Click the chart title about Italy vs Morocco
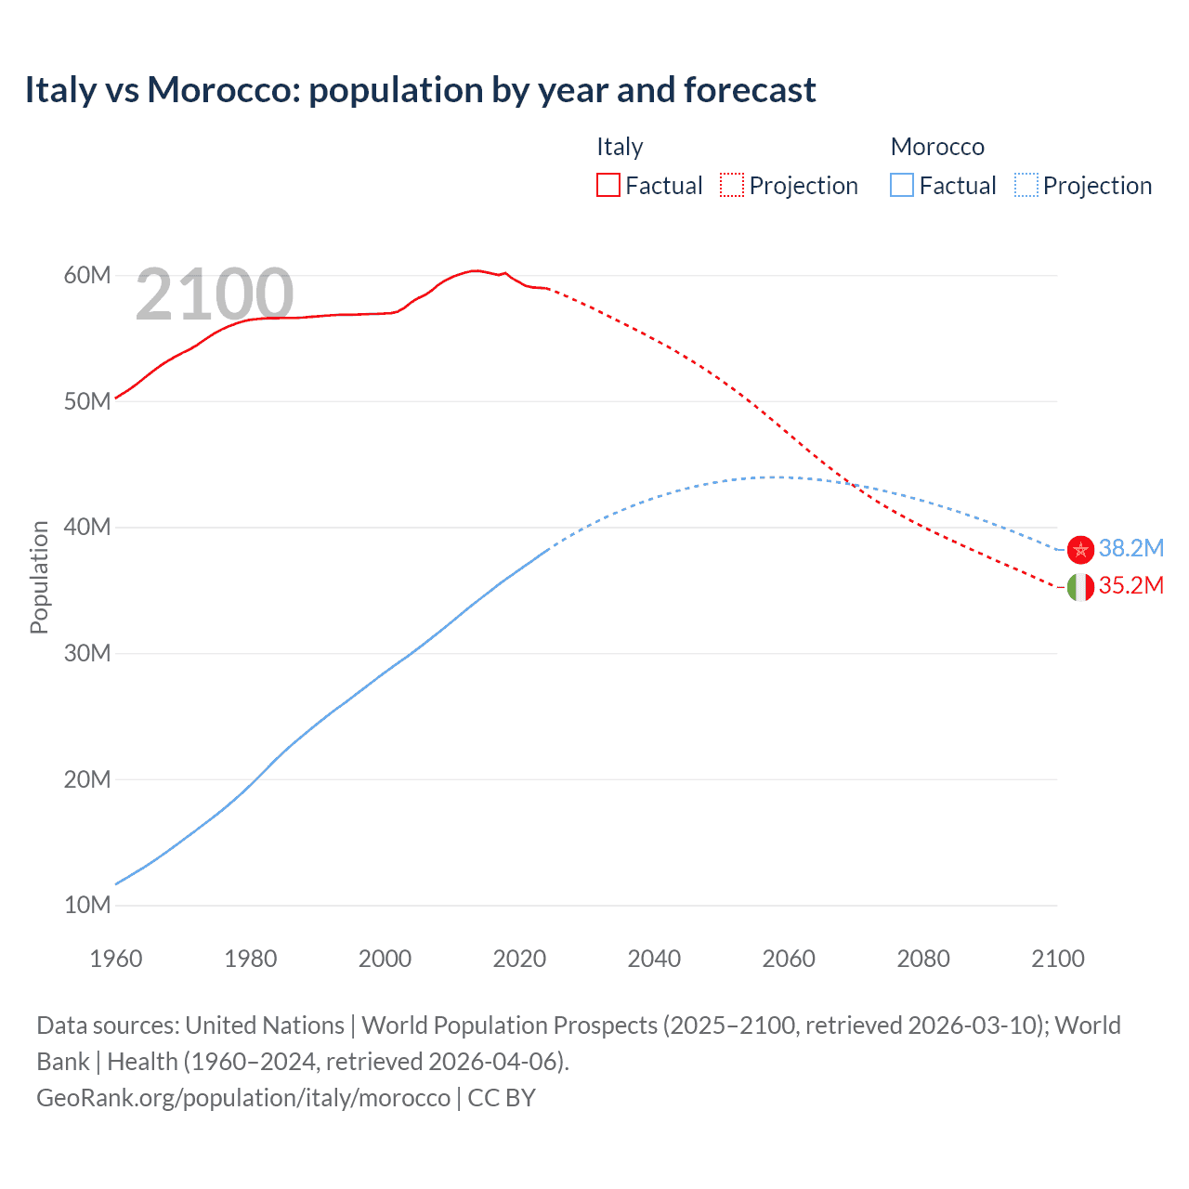420,90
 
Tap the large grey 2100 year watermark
215,294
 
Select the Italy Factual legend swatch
608,185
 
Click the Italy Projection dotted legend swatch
731,185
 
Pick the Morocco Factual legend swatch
901,185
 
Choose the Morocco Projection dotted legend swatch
1026,185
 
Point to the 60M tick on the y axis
87,275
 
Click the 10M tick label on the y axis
87,905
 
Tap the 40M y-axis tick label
87,527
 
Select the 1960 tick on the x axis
116,959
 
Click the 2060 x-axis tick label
789,959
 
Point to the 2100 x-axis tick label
1057,959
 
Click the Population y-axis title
39,577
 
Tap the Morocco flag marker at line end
1080,550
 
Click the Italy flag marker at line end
1080,587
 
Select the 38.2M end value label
1130,548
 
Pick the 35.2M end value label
1130,585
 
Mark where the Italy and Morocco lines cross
853,484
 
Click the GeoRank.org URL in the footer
243,1097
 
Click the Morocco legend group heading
937,147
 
